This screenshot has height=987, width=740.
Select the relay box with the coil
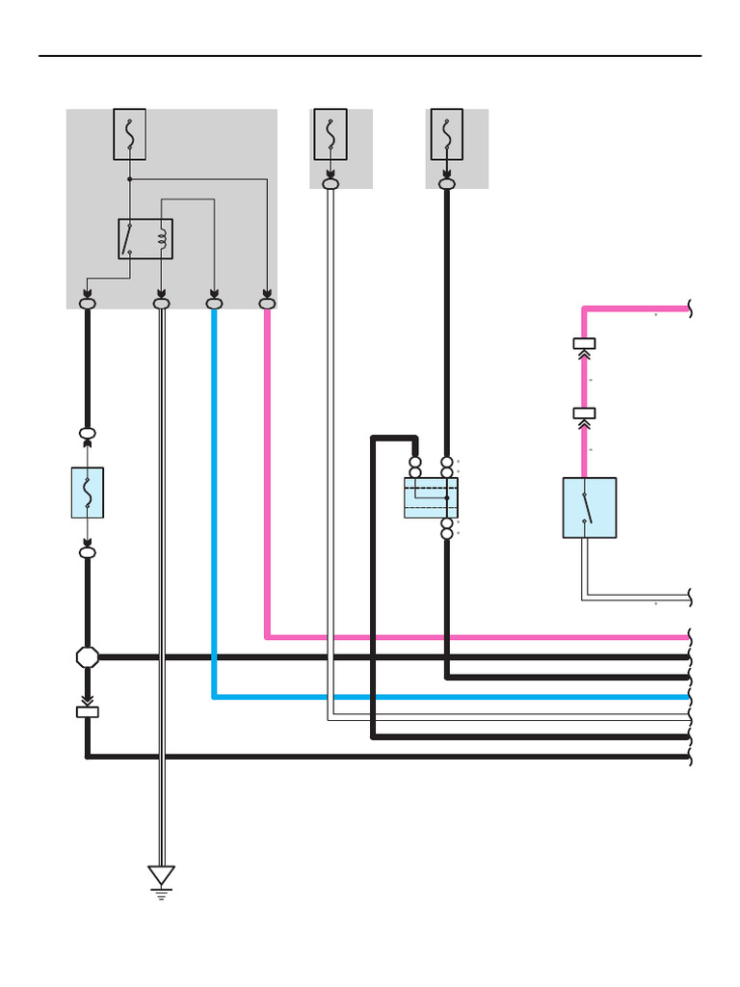(145, 239)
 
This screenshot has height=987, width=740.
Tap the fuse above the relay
(129, 134)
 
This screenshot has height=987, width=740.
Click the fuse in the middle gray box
(330, 134)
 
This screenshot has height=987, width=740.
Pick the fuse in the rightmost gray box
(446, 134)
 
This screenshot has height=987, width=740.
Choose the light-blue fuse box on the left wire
(88, 493)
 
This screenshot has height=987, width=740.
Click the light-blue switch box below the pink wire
(589, 507)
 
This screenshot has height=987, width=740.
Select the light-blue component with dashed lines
(431, 497)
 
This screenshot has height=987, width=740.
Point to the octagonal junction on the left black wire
(88, 657)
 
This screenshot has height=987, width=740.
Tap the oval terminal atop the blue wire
(214, 304)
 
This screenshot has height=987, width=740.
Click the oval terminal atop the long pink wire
(268, 304)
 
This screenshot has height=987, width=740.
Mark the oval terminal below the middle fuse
(330, 183)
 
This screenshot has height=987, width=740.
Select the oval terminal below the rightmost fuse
(446, 183)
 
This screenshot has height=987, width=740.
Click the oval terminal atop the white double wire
(161, 304)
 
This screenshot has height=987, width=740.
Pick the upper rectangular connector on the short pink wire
(584, 343)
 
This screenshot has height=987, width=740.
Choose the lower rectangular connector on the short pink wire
(584, 413)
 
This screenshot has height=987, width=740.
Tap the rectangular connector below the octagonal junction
(88, 712)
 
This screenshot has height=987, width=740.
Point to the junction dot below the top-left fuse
(129, 179)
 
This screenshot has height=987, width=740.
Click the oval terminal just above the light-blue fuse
(88, 434)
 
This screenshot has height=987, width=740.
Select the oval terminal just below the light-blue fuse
(88, 552)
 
